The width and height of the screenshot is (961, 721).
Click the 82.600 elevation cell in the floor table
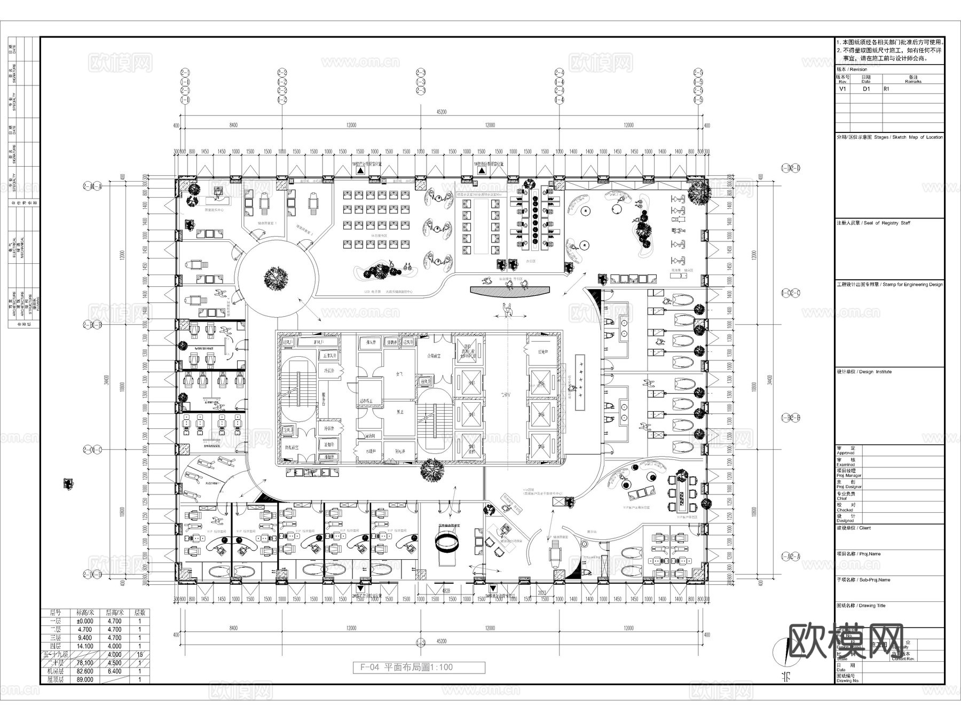[84, 671]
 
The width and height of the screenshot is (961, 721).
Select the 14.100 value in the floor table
[84, 646]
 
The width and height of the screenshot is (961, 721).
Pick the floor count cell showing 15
[140, 654]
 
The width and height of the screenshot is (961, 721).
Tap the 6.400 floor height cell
[114, 671]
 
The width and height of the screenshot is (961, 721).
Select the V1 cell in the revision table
[842, 89]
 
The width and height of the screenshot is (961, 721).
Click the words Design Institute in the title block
[876, 372]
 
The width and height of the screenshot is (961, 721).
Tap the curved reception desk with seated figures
[509, 291]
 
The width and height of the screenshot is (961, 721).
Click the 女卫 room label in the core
[398, 374]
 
